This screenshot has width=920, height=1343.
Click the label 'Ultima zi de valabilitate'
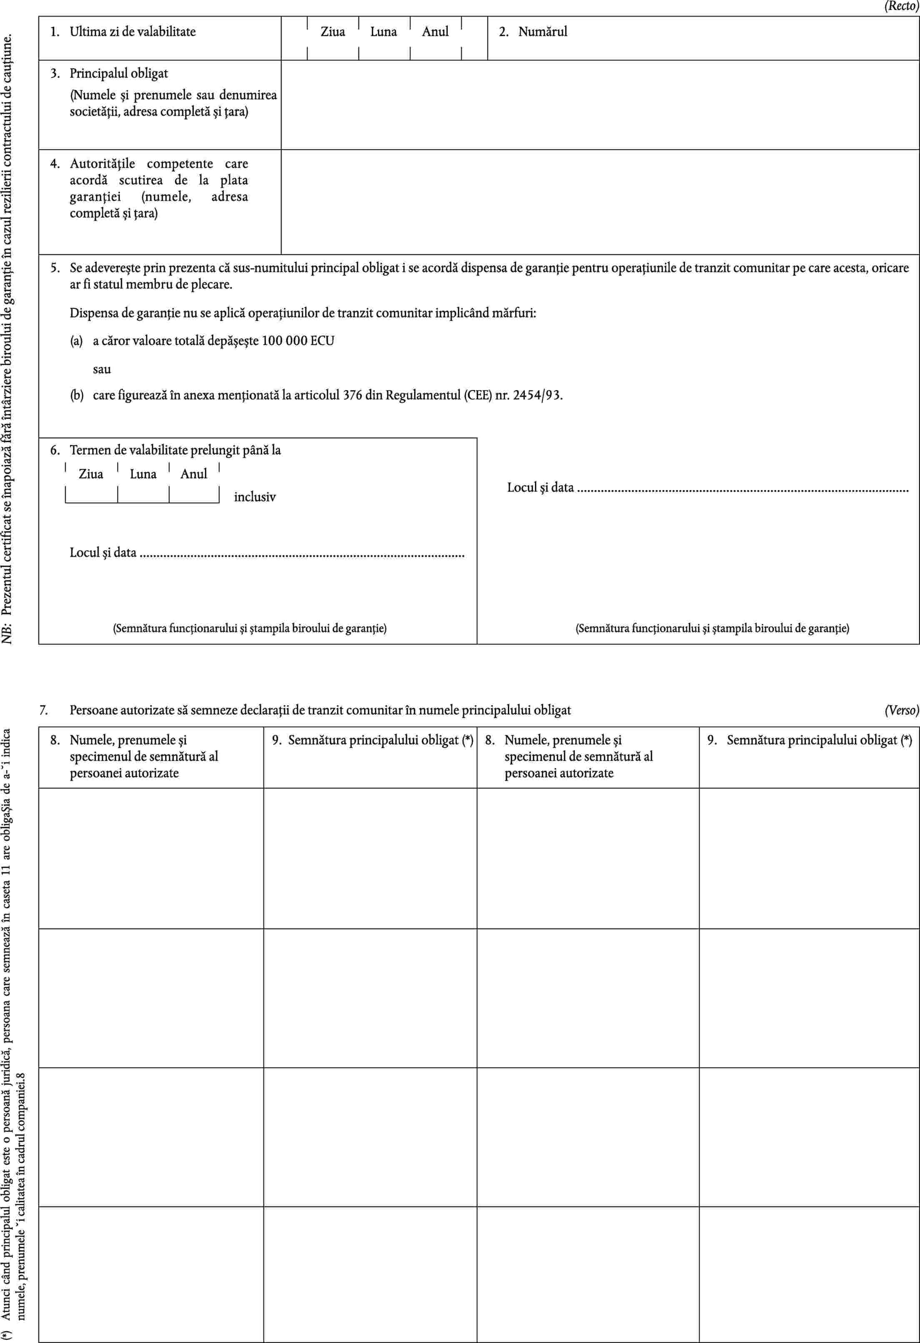[x=132, y=31]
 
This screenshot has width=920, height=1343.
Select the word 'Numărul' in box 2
[x=542, y=31]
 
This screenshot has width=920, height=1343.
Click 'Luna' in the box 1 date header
[x=383, y=32]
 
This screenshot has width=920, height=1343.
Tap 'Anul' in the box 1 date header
[x=435, y=32]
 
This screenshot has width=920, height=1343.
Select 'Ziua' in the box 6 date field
[x=91, y=474]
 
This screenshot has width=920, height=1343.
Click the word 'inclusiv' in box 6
[x=255, y=497]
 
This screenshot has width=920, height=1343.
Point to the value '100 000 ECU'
[x=297, y=340]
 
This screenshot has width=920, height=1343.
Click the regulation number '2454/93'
[x=537, y=395]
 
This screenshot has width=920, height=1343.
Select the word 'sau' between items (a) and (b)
[x=102, y=369]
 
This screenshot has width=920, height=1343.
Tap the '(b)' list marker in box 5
[x=77, y=396]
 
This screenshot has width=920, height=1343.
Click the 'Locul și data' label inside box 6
[x=103, y=553]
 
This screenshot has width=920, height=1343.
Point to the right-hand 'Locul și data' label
[x=540, y=487]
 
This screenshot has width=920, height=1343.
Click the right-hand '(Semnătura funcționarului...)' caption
[x=712, y=628]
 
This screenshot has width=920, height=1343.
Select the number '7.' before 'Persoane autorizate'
[x=44, y=710]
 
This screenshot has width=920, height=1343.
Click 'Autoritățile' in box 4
[x=102, y=163]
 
